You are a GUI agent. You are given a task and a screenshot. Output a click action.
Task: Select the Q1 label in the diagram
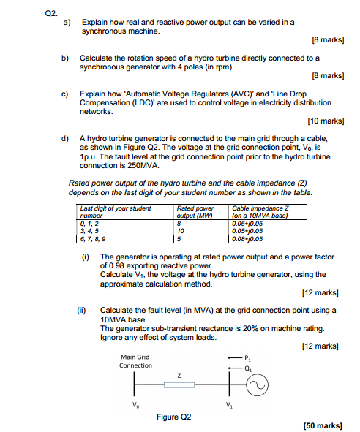coord(249,368)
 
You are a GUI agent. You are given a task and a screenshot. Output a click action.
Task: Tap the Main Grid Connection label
coord(135,361)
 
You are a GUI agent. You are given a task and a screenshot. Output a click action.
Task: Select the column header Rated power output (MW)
coord(195,212)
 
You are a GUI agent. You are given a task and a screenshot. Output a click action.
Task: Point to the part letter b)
coord(65,57)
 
